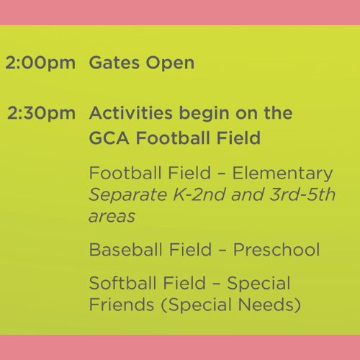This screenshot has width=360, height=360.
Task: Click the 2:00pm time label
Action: (40, 63)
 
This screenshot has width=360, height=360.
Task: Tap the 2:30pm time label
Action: (41, 114)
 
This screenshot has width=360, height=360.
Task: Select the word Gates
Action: (114, 63)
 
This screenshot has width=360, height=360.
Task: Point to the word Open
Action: (170, 63)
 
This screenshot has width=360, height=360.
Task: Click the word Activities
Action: (131, 113)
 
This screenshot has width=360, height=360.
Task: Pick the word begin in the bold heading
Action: (204, 114)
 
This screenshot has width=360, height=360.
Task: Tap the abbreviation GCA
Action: (109, 138)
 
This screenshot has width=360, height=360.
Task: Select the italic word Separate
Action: (128, 195)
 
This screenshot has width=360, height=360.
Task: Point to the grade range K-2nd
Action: (199, 194)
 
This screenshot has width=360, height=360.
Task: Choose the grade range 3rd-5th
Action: (302, 194)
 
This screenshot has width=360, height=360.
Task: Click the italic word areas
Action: (112, 217)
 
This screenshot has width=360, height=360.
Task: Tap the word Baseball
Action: (126, 250)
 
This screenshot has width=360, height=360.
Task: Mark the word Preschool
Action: (276, 250)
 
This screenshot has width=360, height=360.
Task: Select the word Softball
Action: (123, 283)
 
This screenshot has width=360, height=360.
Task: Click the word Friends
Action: (122, 305)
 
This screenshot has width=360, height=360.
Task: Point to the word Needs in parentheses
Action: (269, 305)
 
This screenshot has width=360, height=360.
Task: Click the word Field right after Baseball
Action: (190, 250)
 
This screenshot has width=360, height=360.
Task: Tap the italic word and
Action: (248, 194)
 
